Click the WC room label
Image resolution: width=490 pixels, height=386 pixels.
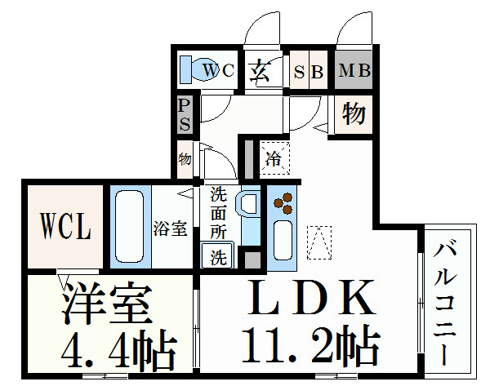point(218,70)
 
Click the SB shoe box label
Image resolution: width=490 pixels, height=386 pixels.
point(309,71)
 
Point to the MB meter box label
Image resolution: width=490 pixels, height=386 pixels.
point(354,70)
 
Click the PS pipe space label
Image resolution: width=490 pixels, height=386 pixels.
point(185,114)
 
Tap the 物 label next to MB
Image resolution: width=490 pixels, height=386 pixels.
point(353,113)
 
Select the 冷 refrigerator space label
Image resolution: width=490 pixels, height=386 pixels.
point(273,158)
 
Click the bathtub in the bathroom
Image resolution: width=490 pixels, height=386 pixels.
point(127,228)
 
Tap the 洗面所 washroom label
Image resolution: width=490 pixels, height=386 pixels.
point(218,214)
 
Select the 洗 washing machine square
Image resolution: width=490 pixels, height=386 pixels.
point(218,258)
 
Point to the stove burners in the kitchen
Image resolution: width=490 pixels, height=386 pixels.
point(283,203)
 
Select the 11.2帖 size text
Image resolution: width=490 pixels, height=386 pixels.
point(310,346)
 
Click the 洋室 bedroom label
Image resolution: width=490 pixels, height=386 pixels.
point(106,304)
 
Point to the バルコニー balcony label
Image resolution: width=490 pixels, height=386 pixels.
point(446,301)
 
